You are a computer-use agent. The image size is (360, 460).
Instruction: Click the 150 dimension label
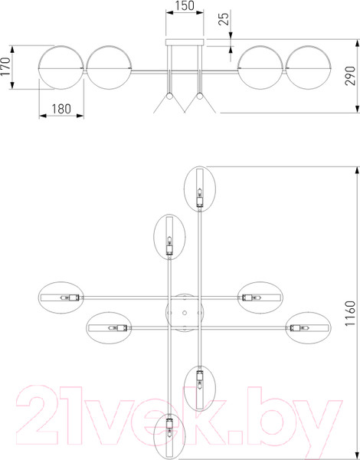pos(185,5)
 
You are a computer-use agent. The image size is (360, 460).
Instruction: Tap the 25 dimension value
pos(224,19)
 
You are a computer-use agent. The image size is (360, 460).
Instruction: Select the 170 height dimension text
pos(5,67)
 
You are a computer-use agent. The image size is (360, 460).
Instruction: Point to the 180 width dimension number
pos(61,109)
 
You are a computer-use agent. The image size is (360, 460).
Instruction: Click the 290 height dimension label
pos(350,76)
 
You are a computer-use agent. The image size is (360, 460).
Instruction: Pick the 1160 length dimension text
pos(350,313)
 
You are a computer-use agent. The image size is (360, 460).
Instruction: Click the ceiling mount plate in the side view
pos(185,42)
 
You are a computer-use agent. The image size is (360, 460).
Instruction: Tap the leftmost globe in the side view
pos(61,67)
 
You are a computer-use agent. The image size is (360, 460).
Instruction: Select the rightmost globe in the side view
pos(309,67)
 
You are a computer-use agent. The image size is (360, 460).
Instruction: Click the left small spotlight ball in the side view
pos(169,96)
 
